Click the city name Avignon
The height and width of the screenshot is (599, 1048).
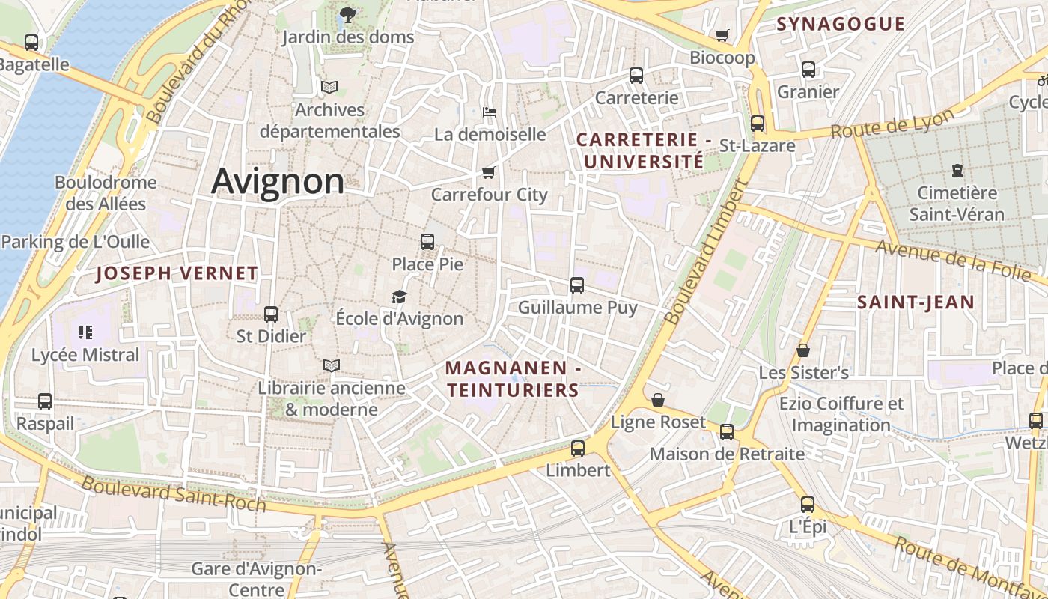pyautogui.click(x=278, y=181)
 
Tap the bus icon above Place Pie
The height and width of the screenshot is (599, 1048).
pyautogui.click(x=427, y=242)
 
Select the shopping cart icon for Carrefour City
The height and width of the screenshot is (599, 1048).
pyautogui.click(x=489, y=172)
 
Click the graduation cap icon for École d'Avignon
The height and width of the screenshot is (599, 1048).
pyautogui.click(x=399, y=297)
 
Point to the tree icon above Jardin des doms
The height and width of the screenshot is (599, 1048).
pyautogui.click(x=347, y=13)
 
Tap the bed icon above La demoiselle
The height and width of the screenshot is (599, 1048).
pyautogui.click(x=490, y=112)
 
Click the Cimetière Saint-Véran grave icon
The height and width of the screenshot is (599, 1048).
pyautogui.click(x=957, y=171)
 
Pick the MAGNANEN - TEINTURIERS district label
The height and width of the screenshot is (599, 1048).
pyautogui.click(x=513, y=379)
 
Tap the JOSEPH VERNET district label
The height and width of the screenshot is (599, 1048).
pyautogui.click(x=177, y=273)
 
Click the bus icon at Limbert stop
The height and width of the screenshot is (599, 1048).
pyautogui.click(x=577, y=449)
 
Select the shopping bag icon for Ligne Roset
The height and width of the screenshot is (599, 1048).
pyautogui.click(x=657, y=400)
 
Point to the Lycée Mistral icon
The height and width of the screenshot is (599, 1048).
pyautogui.click(x=85, y=332)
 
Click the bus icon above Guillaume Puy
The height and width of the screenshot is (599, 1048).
pyautogui.click(x=577, y=285)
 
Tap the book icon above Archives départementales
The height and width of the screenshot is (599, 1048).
pyautogui.click(x=329, y=87)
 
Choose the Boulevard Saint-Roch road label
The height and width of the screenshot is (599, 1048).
pyautogui.click(x=174, y=493)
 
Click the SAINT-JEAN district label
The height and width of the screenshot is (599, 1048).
pyautogui.click(x=916, y=302)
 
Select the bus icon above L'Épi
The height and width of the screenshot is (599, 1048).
pyautogui.click(x=807, y=505)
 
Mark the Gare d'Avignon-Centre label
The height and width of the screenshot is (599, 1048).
pyautogui.click(x=257, y=578)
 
